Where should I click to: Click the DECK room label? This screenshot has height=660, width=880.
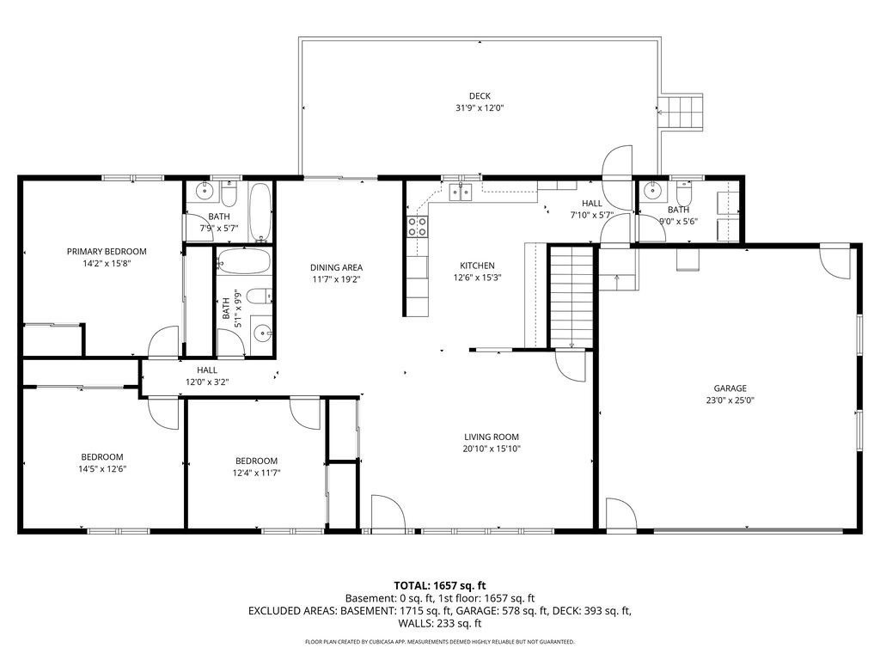(480, 95)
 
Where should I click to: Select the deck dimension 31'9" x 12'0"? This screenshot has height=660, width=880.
(480, 108)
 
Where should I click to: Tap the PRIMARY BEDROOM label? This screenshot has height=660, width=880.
(107, 252)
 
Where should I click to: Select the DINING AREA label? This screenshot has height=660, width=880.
(336, 267)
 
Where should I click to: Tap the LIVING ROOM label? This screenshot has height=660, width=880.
(492, 437)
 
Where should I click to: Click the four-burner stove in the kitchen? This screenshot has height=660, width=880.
(417, 226)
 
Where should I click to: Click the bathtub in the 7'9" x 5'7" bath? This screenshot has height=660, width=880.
(260, 211)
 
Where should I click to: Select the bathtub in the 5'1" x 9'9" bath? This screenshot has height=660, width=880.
(243, 261)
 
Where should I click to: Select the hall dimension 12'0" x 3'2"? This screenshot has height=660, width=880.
(206, 382)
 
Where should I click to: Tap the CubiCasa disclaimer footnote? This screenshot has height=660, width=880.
(440, 642)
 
